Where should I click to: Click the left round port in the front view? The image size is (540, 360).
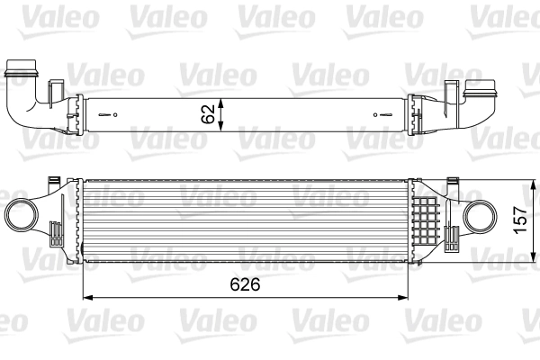click(x=22, y=217)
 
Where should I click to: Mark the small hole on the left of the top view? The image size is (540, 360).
click(x=113, y=115)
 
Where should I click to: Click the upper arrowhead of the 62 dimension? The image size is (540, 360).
click(x=223, y=97)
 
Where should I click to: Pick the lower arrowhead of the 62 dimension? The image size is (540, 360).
click(x=223, y=133)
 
